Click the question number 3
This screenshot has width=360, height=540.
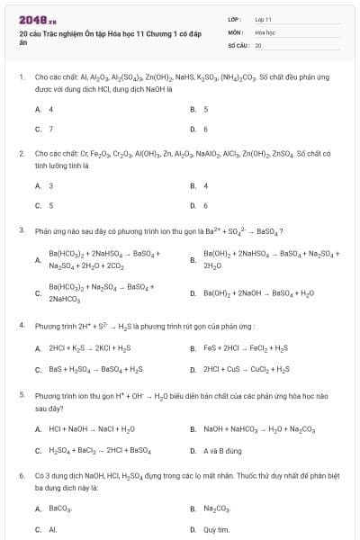click(x=21, y=230)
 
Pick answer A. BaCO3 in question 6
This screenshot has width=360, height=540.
click(x=54, y=509)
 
